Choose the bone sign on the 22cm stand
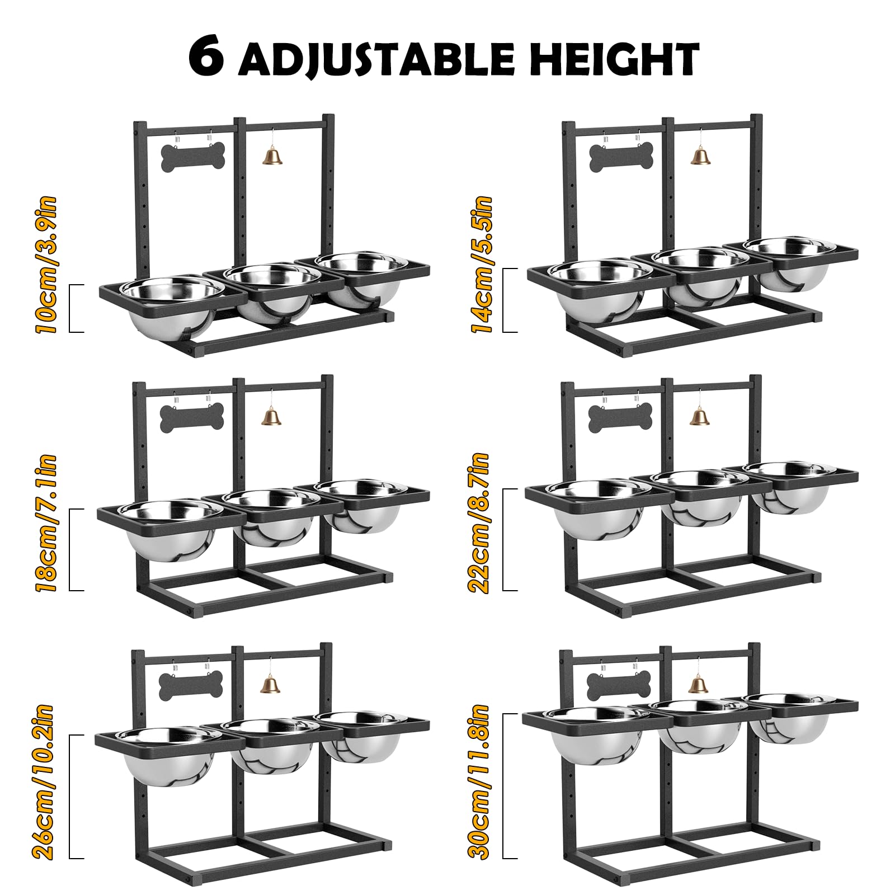pyautogui.click(x=620, y=416)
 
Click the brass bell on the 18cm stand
pyautogui.click(x=271, y=417)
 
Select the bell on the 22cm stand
pyautogui.click(x=698, y=416)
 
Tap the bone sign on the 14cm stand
pyautogui.click(x=621, y=157)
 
